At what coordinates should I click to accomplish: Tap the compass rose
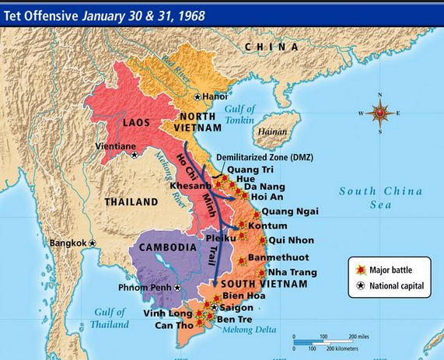(x=380, y=114)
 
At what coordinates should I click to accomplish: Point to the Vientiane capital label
(x=115, y=145)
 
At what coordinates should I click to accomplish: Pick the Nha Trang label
(x=292, y=272)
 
